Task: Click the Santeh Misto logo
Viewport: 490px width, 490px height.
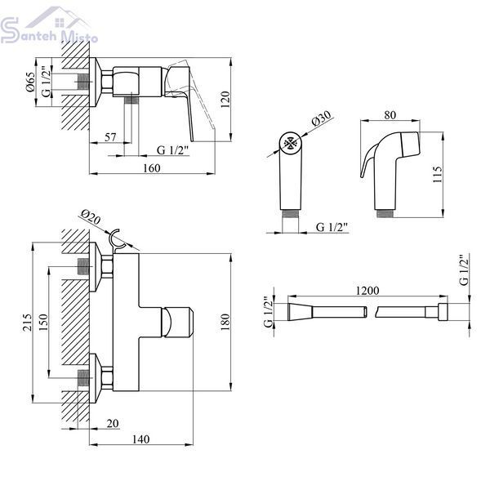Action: pos(48,25)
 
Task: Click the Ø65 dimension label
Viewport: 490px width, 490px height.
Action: pos(30,82)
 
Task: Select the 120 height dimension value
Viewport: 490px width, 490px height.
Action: pos(225,100)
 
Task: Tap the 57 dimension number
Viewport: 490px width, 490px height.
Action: pos(110,137)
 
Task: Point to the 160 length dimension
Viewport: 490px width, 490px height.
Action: pos(152,167)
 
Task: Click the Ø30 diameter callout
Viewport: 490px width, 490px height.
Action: pos(321,118)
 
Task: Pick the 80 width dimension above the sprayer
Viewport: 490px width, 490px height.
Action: pos(390,115)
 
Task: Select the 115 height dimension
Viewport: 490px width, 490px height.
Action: pos(438,175)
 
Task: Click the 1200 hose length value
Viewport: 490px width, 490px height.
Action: pos(367,291)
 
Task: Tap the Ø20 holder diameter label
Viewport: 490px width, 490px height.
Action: pos(91,216)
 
